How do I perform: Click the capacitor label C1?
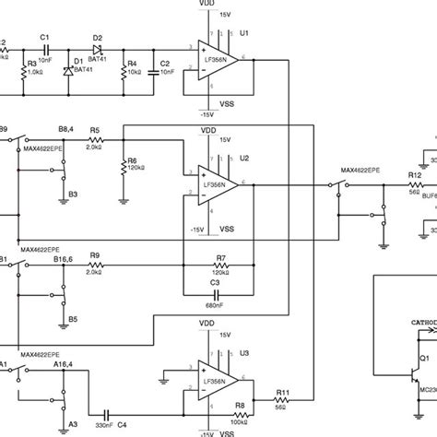[x=44, y=37]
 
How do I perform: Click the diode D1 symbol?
[x=67, y=68]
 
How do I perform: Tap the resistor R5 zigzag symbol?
[x=94, y=140]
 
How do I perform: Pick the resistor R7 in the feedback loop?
[x=219, y=266]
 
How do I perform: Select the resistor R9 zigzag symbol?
[x=94, y=266]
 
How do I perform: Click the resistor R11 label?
[x=282, y=394]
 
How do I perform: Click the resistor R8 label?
[x=238, y=403]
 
